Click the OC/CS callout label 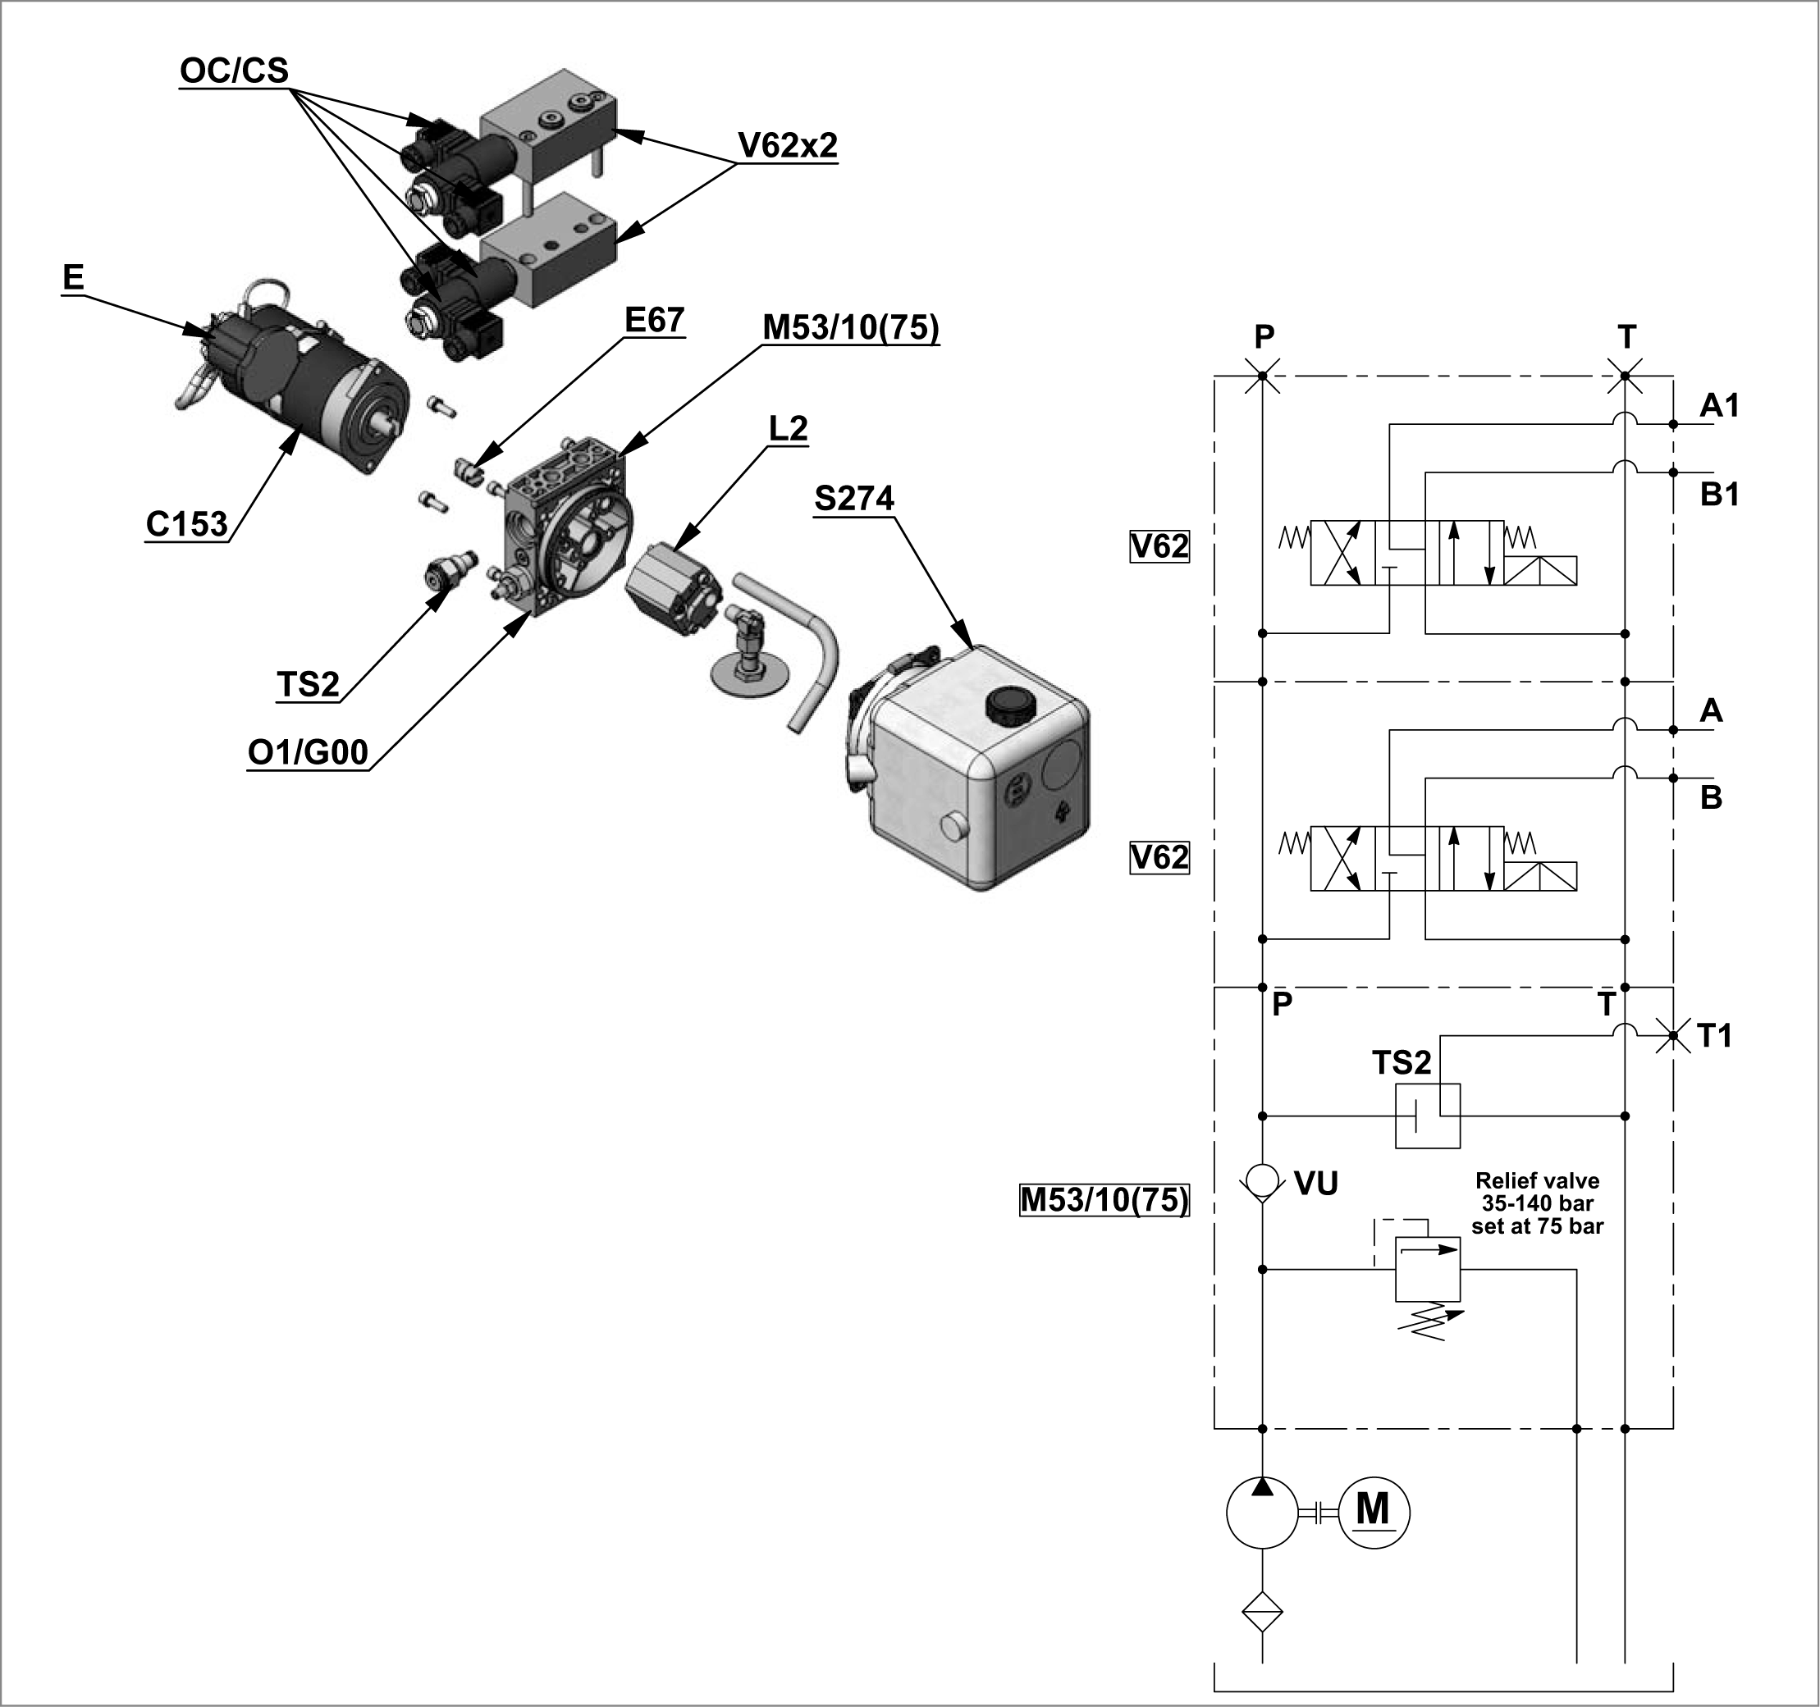pyautogui.click(x=234, y=71)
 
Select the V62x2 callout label pyautogui.click(x=787, y=144)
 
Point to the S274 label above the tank pyautogui.click(x=853, y=498)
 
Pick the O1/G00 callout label pyautogui.click(x=308, y=751)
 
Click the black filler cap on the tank pyautogui.click(x=1007, y=705)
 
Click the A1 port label pyautogui.click(x=1718, y=404)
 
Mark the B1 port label pyautogui.click(x=1718, y=495)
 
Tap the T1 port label pyautogui.click(x=1714, y=1036)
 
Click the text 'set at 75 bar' pyautogui.click(x=1537, y=1225)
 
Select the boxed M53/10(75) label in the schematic pyautogui.click(x=1104, y=1199)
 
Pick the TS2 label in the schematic pyautogui.click(x=1401, y=1062)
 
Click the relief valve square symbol pyautogui.click(x=1427, y=1270)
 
